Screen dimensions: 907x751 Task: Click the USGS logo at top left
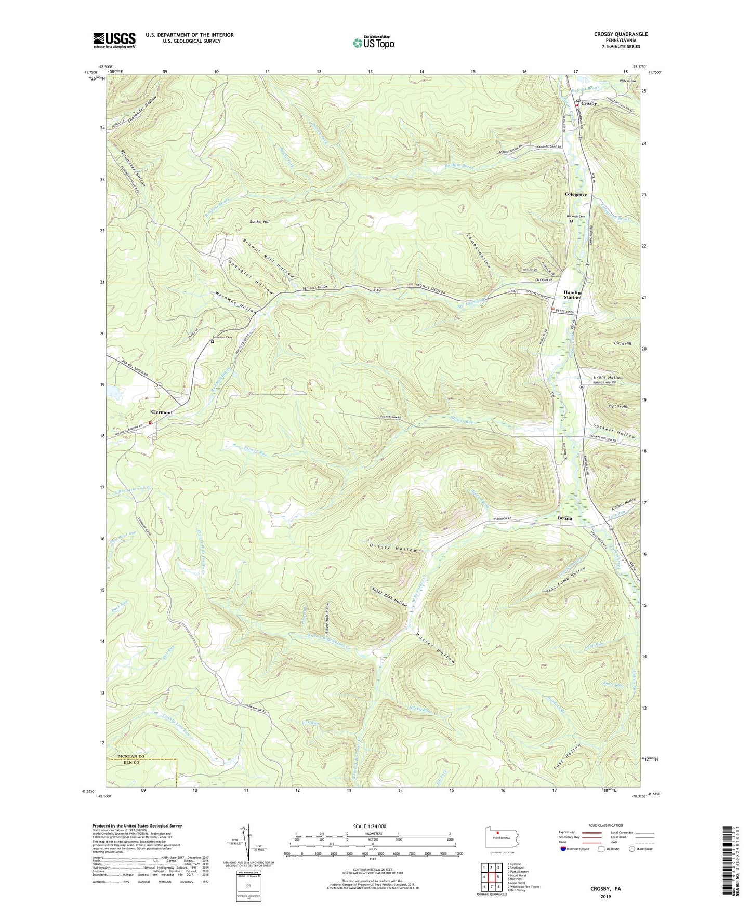pos(114,39)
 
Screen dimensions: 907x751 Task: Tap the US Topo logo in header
pos(373,42)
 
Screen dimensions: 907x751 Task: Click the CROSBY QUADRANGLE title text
pos(621,34)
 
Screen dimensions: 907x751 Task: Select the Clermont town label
pos(162,412)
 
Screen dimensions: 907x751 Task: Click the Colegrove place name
pos(576,194)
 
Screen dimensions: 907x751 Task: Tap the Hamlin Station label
pos(572,295)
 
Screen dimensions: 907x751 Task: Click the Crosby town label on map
pos(589,103)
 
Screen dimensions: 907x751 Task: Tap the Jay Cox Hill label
pos(618,406)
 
